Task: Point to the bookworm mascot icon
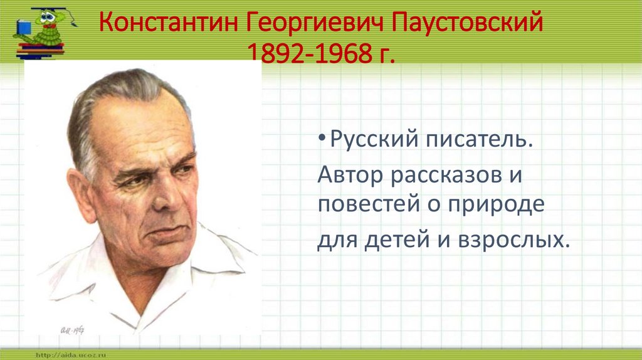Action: pyautogui.click(x=43, y=31)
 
